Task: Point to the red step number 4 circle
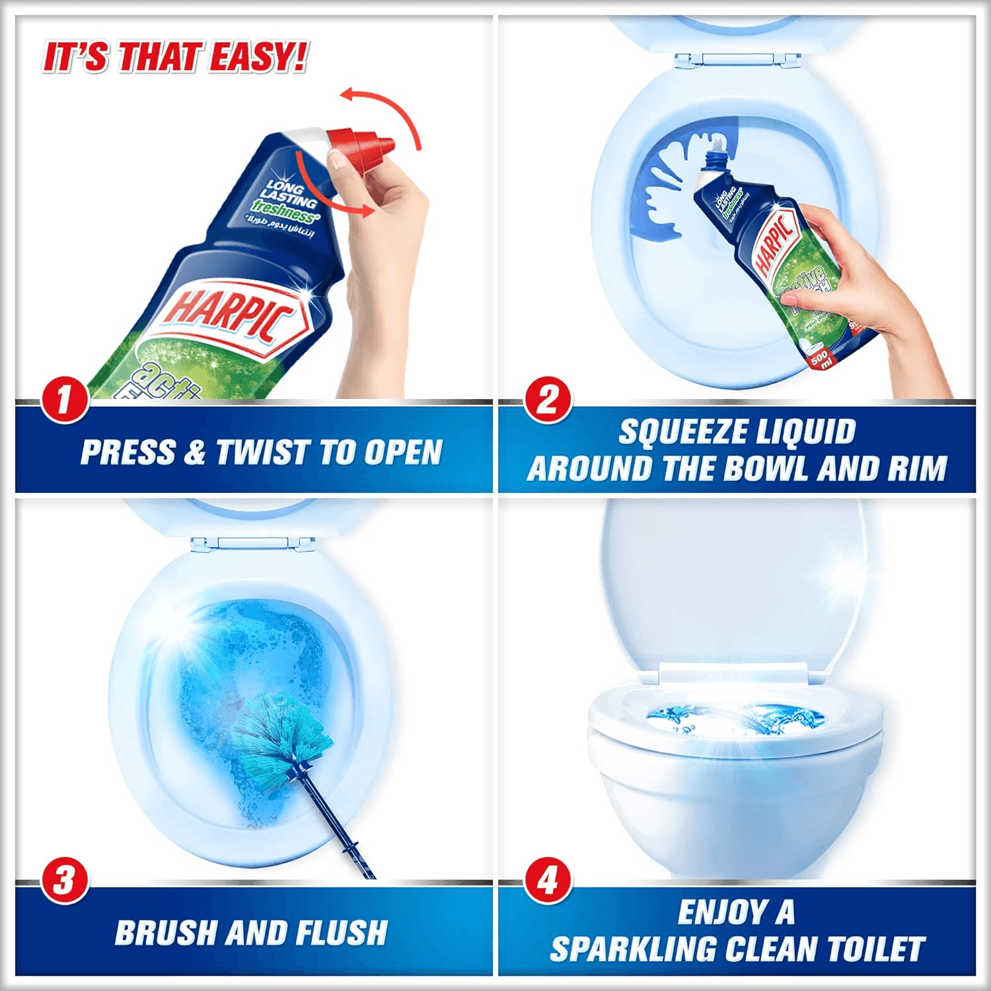(548, 881)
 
